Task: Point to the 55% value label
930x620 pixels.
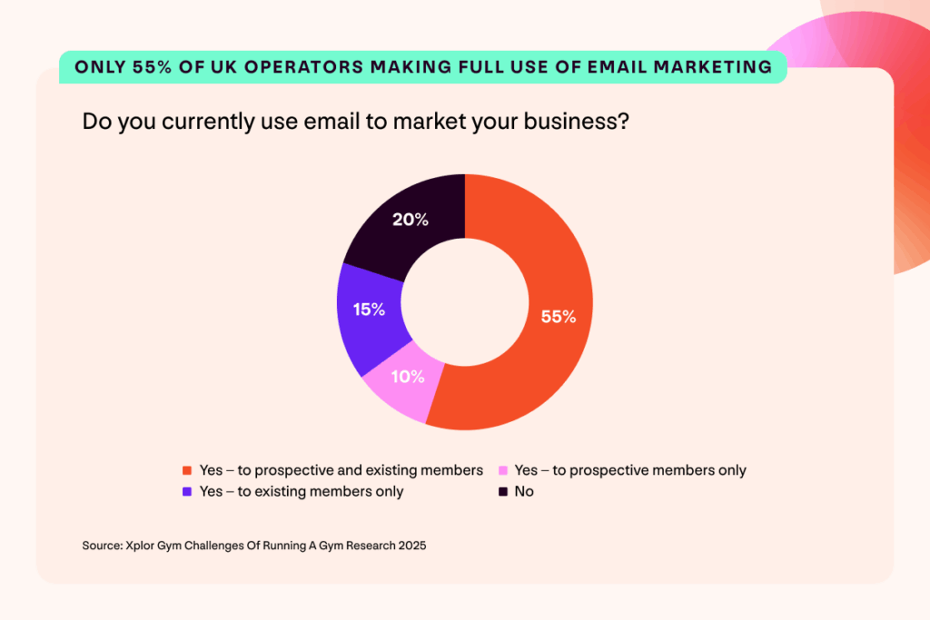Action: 558,317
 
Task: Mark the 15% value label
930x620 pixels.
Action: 368,310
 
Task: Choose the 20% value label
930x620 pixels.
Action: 411,220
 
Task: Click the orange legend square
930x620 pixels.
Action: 186,470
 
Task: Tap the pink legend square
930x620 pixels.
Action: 502,470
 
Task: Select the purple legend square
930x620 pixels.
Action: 186,491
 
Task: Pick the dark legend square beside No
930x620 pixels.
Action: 502,491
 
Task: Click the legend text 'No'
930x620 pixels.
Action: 524,491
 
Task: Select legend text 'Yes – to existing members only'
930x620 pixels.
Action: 302,491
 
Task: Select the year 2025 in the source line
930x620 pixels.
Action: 410,546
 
